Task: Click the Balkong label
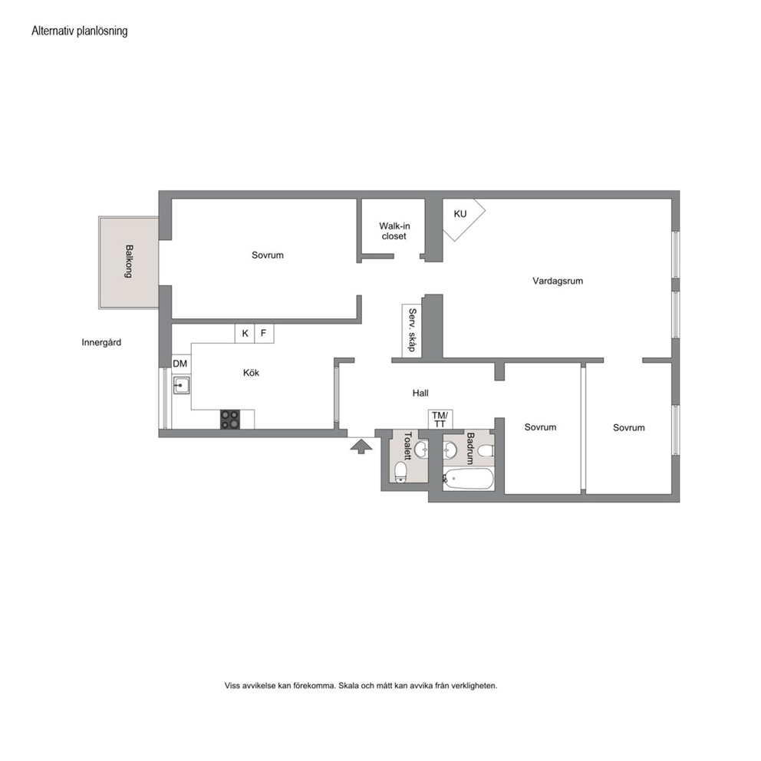click(129, 261)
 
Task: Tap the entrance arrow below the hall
click(359, 446)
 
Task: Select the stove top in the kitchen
click(230, 420)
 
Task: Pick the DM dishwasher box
click(180, 364)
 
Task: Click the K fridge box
click(245, 334)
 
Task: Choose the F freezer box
click(264, 334)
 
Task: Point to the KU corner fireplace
click(462, 217)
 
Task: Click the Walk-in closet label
click(394, 231)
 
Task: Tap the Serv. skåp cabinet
click(411, 330)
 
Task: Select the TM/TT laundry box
click(440, 420)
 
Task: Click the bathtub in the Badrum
click(469, 479)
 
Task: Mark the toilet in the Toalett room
click(400, 473)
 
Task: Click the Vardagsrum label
click(558, 281)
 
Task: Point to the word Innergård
click(101, 343)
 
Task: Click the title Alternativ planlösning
click(80, 31)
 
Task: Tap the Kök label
click(251, 373)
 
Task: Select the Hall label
click(420, 393)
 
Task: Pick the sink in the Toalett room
click(421, 450)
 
